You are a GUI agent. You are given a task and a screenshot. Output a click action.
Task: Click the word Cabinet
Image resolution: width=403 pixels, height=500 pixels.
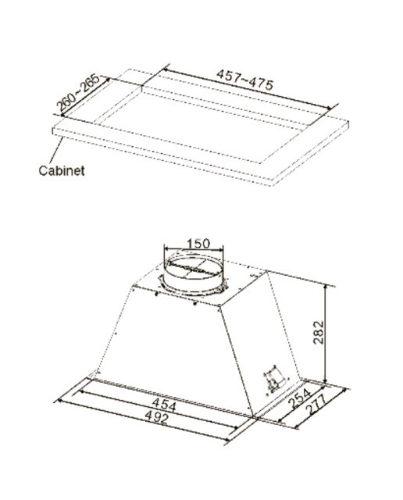(x=62, y=170)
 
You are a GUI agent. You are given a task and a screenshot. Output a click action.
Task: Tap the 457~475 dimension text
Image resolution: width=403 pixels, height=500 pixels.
(x=244, y=80)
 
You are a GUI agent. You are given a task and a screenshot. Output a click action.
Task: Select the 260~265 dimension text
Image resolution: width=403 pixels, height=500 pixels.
(x=77, y=92)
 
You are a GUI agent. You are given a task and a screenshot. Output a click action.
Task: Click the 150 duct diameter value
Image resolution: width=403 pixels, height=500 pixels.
(x=198, y=244)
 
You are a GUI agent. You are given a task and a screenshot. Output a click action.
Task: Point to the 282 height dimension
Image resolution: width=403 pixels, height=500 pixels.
(x=318, y=332)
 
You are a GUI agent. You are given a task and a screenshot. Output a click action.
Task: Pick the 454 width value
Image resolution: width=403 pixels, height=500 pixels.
(x=164, y=405)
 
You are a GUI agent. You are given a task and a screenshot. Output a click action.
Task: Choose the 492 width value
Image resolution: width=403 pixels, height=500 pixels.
(x=156, y=417)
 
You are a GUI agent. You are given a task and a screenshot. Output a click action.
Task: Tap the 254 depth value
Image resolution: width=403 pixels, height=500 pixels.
(x=299, y=399)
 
